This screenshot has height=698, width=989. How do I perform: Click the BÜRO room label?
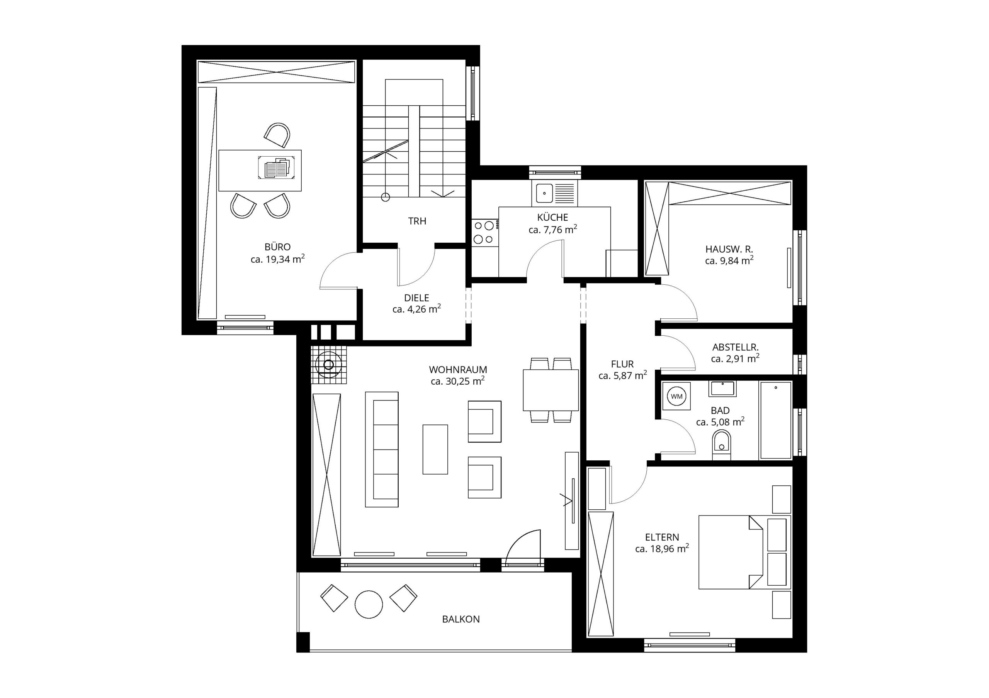(x=277, y=247)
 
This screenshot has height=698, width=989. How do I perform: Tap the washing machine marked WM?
(x=676, y=396)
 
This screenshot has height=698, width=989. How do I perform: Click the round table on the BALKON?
(x=369, y=604)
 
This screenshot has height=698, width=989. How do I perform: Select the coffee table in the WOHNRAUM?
(x=435, y=449)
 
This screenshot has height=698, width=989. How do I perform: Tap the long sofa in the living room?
(x=382, y=449)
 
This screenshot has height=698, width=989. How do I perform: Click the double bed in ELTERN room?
(x=731, y=552)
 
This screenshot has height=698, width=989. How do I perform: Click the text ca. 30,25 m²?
(x=458, y=381)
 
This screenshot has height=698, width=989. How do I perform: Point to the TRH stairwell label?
(x=417, y=221)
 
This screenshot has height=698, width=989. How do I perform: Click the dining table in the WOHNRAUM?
(x=551, y=390)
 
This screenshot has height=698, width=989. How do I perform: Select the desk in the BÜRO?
(x=260, y=171)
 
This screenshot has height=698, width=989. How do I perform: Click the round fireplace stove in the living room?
(x=329, y=365)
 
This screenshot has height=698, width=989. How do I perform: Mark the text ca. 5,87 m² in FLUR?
(x=622, y=375)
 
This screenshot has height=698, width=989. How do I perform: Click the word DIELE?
(x=416, y=298)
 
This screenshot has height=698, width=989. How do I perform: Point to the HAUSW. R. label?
(x=729, y=249)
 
